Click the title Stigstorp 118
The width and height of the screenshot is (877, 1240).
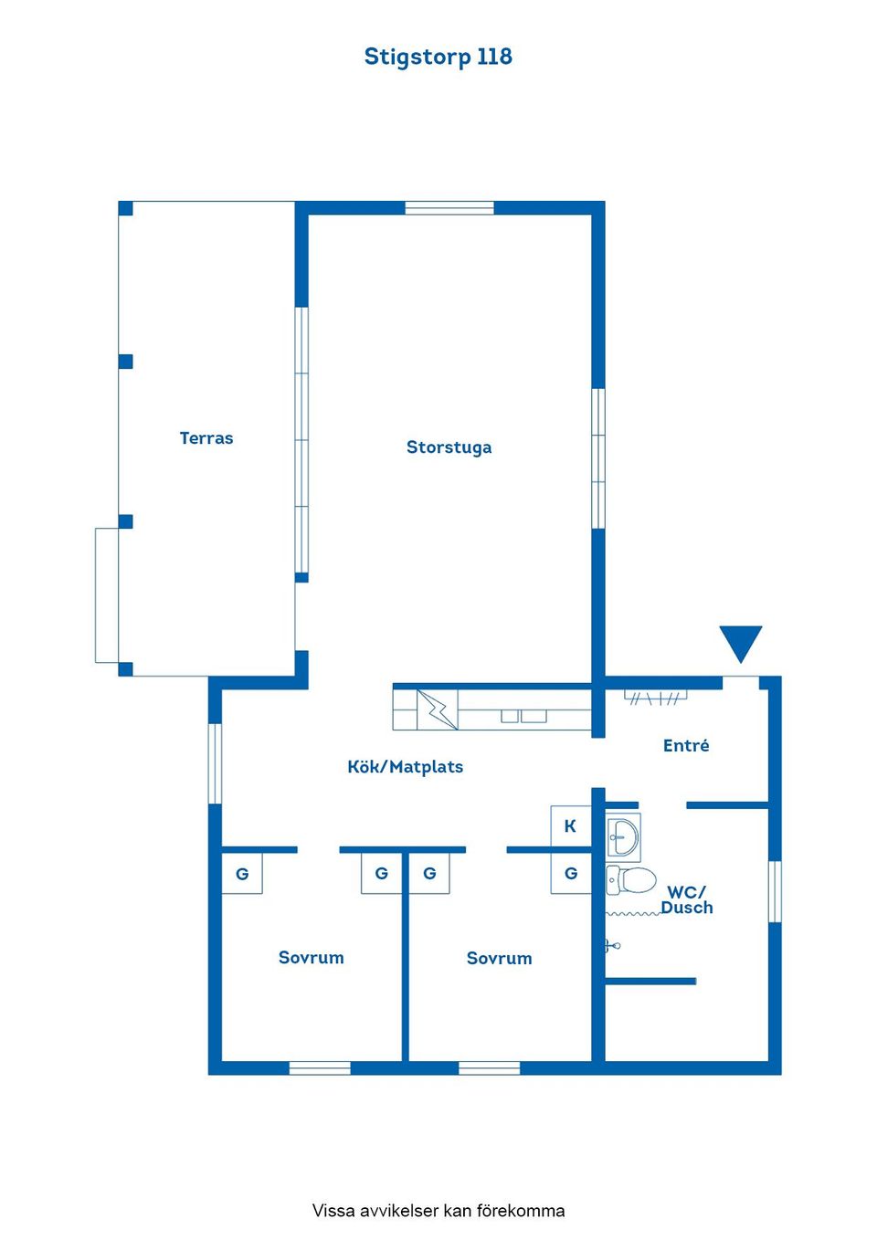coord(438,57)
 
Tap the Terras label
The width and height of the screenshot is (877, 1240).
coord(206,438)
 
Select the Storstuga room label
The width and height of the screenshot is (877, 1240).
coord(449,447)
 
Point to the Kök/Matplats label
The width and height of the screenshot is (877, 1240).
coord(406,767)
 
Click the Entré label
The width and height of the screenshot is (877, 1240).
coord(686,745)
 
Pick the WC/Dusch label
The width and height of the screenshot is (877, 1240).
coord(687,899)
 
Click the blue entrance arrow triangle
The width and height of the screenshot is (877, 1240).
coord(741,644)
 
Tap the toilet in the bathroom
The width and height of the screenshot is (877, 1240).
coord(631,880)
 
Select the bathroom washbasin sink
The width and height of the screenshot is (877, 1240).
coord(623,837)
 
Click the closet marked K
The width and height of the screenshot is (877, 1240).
coord(571,826)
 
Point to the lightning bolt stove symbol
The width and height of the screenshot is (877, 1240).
coord(438,709)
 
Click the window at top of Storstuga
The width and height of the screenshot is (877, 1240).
coord(449,208)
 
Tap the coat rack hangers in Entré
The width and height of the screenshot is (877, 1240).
coord(656,697)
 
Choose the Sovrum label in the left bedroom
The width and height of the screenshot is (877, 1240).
coord(312,957)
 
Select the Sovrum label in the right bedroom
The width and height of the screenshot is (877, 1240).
coord(500,958)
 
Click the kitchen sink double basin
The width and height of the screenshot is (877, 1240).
coord(523,716)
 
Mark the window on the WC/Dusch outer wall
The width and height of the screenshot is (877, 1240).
coord(775,892)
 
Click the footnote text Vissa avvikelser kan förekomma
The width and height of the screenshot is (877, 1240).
coord(438,1210)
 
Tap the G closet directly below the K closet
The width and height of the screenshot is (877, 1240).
coord(571,873)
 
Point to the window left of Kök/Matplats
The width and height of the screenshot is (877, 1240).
coord(215,763)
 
